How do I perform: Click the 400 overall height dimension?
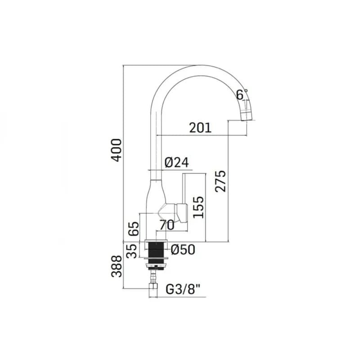tap(116, 150)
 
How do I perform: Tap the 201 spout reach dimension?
tap(200, 128)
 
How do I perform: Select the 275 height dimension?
tap(220, 181)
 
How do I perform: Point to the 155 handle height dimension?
tap(198, 207)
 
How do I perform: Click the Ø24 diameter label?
tap(177, 162)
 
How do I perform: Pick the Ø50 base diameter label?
tap(183, 250)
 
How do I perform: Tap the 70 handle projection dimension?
tap(167, 225)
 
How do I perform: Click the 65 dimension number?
tap(134, 229)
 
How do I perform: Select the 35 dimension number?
tap(132, 251)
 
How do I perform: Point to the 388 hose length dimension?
tap(117, 266)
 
